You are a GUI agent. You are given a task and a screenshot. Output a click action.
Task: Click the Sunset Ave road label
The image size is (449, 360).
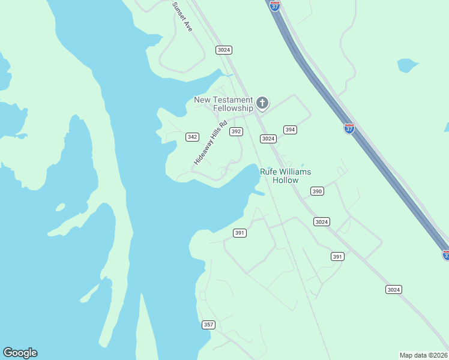182,16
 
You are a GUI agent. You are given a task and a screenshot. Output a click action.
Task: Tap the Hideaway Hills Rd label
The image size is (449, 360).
211,143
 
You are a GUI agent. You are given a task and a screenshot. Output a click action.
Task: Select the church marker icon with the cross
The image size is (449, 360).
262,103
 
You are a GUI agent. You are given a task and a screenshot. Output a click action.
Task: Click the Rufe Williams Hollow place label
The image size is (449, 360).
285,176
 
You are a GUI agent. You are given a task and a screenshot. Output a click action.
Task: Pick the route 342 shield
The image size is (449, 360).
192,137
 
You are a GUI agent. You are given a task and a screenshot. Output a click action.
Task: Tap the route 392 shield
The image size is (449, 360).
236,131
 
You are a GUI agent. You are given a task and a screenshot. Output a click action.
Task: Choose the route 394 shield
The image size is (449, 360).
290,130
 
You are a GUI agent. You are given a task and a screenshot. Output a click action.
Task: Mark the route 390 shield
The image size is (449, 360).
317,191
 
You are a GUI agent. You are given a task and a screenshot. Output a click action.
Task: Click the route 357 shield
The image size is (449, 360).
208,325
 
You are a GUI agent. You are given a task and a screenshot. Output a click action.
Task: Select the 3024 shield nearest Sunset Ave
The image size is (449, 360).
224,50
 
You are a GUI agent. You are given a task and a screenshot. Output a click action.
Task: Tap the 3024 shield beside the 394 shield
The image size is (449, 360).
268,139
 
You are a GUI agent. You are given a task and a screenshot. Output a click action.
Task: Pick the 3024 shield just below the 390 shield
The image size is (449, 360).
321,222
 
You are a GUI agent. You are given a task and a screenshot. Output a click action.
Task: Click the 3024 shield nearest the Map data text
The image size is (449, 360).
393,290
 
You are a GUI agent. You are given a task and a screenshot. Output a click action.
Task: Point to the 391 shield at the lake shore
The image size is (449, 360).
240,233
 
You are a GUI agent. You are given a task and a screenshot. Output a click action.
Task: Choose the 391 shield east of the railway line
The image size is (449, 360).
337,256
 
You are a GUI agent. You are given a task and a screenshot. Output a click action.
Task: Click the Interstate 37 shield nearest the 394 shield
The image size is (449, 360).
349,128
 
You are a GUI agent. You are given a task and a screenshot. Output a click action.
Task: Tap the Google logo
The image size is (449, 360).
20,353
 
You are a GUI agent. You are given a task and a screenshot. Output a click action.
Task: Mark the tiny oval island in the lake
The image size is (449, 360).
60,208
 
